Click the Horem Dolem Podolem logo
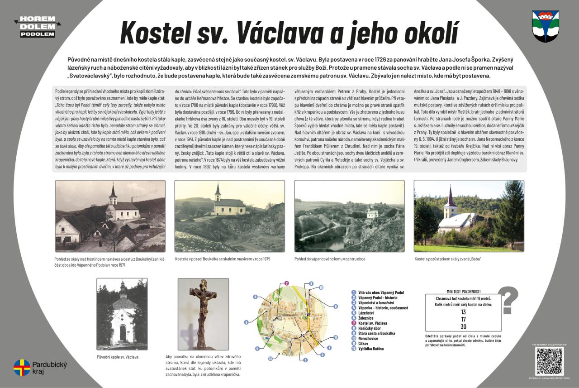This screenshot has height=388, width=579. tap(37, 27)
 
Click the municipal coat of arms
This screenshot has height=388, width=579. tap(546, 26)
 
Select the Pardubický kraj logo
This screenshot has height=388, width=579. tap(40, 368)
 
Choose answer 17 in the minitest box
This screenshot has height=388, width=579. tap(463, 319)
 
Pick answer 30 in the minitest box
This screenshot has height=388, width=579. tap(463, 326)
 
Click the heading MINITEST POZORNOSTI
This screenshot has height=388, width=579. tap(463, 291)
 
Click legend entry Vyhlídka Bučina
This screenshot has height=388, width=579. tap(370, 349)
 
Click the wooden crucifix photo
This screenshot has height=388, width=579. tap(203, 313)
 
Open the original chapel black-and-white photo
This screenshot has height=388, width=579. tap(122, 314)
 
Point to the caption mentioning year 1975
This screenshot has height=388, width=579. tap(223, 259)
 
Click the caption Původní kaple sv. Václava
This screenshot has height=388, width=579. tap(118, 357)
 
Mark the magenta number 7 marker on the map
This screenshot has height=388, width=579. tap(287, 283)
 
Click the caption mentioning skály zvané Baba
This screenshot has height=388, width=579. tap(447, 259)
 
